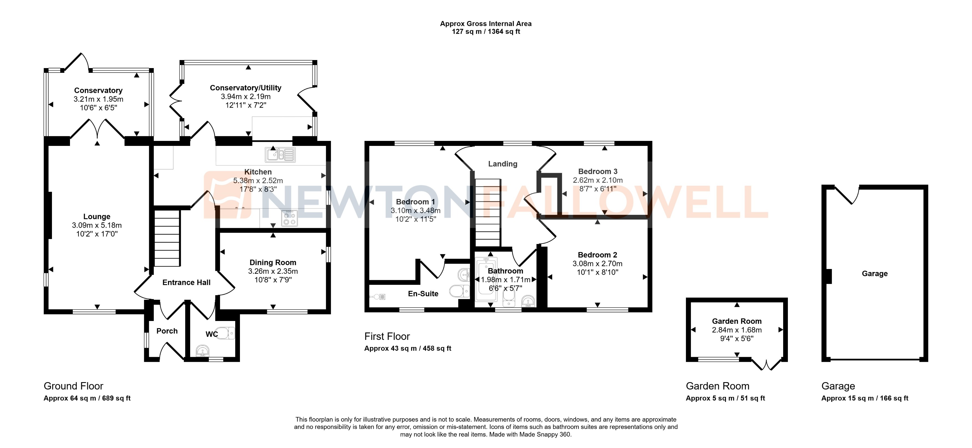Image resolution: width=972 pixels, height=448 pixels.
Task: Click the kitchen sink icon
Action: [x=280, y=155]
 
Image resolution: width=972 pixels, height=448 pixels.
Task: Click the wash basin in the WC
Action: [x=203, y=351]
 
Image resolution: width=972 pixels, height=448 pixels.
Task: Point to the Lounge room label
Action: [x=97, y=216]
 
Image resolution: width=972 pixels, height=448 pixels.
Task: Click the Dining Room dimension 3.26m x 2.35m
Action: [x=273, y=271]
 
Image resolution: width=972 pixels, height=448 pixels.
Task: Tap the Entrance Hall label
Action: [x=186, y=283]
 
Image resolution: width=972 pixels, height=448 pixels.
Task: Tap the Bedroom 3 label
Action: [x=598, y=171]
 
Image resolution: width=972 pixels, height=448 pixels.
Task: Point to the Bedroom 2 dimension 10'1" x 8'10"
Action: [x=597, y=272]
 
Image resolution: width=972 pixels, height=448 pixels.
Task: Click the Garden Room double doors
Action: [x=766, y=365]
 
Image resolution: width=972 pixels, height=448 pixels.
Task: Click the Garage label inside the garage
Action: [x=874, y=273]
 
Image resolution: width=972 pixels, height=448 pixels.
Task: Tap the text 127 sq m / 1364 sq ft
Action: [x=486, y=32]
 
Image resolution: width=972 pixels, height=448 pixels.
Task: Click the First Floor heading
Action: [x=387, y=336]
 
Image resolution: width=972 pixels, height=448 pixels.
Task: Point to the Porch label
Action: [x=167, y=331]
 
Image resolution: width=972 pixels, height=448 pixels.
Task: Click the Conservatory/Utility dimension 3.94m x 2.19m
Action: [x=246, y=97]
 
